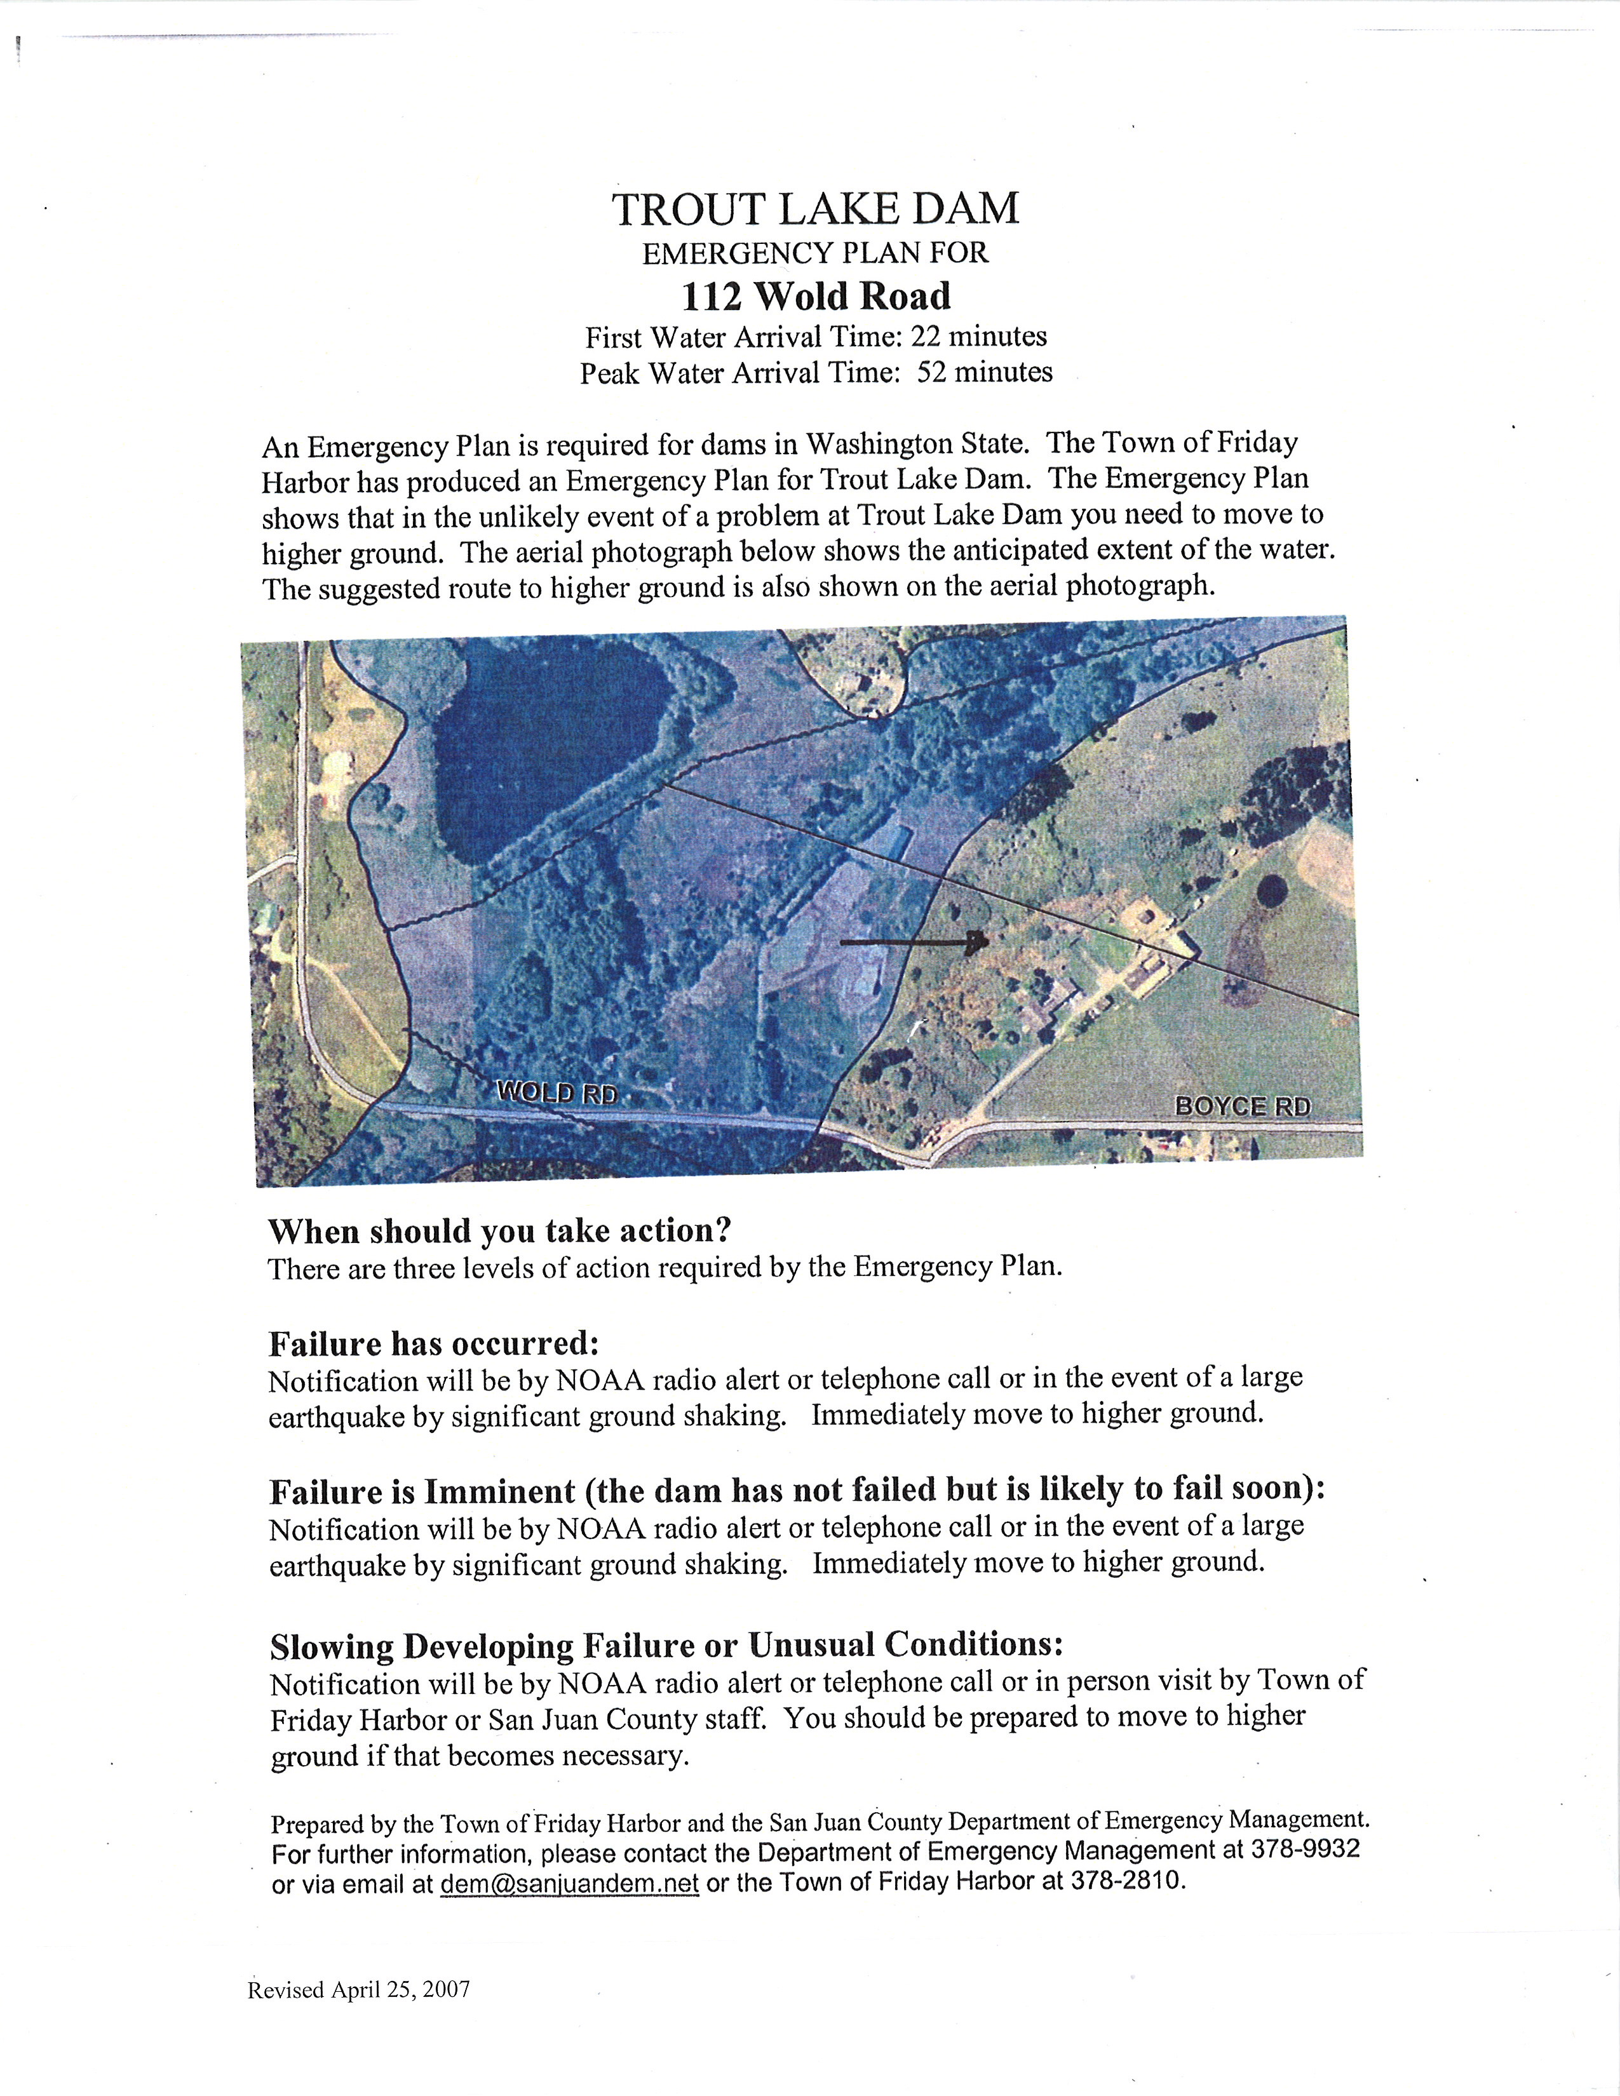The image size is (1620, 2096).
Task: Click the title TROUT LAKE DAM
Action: coord(816,209)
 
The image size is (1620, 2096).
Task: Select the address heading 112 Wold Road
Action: coord(816,297)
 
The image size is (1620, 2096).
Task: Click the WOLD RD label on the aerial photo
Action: coord(557,1092)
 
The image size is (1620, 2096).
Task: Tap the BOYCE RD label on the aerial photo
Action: coord(1242,1106)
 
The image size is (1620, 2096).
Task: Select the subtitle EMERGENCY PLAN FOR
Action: coord(815,253)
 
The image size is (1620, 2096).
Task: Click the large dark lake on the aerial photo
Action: coord(547,749)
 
